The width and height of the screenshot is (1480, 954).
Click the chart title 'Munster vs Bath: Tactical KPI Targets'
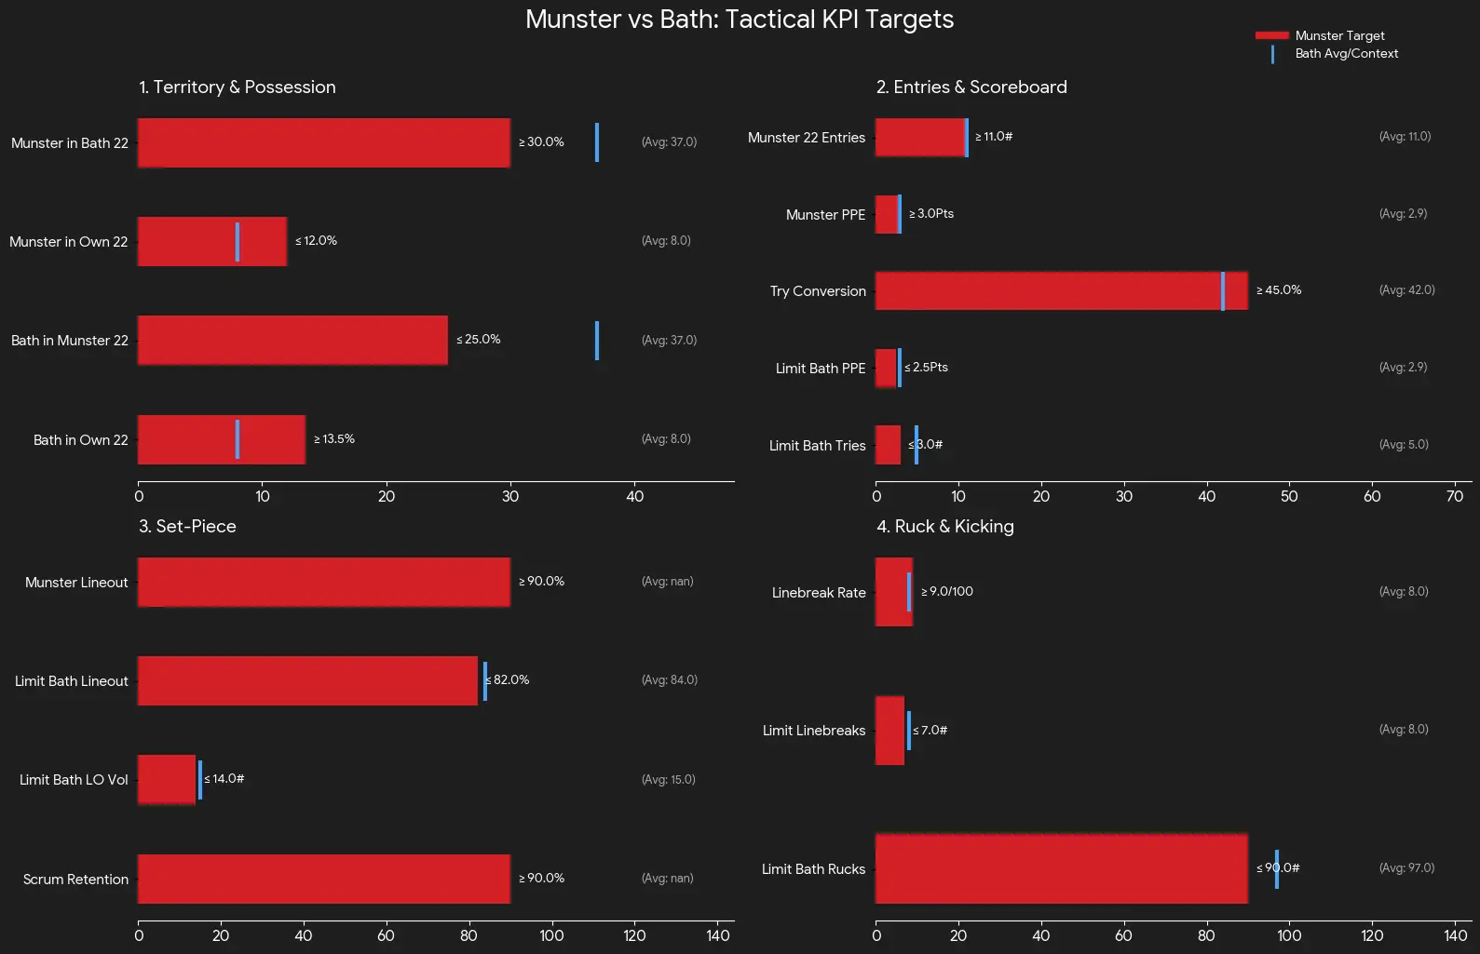pos(740,20)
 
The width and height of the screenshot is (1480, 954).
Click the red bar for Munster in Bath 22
pos(324,142)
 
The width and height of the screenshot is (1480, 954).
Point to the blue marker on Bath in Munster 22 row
pos(597,341)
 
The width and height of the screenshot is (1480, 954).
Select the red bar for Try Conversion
pos(1061,290)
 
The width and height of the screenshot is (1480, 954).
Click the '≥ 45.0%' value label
pos(1279,290)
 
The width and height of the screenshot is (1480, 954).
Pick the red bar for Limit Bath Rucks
pos(1061,868)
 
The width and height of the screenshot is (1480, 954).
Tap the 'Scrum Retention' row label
pos(75,880)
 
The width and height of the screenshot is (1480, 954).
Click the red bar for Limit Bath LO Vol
pos(167,780)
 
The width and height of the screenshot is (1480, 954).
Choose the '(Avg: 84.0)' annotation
pos(669,680)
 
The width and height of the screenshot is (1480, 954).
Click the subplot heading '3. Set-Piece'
pos(187,527)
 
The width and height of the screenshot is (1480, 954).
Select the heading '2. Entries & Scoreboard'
pos(971,87)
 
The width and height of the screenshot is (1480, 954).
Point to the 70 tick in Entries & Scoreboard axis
pos(1455,497)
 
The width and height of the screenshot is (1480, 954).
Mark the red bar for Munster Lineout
pos(324,582)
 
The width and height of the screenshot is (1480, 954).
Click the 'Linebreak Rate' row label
pos(819,593)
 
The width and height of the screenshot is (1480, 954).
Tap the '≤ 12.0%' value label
pos(316,241)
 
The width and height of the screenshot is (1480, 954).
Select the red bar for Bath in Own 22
pos(222,439)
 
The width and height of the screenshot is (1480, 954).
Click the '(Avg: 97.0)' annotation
pos(1406,868)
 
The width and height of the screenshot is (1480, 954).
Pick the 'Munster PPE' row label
pos(825,215)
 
